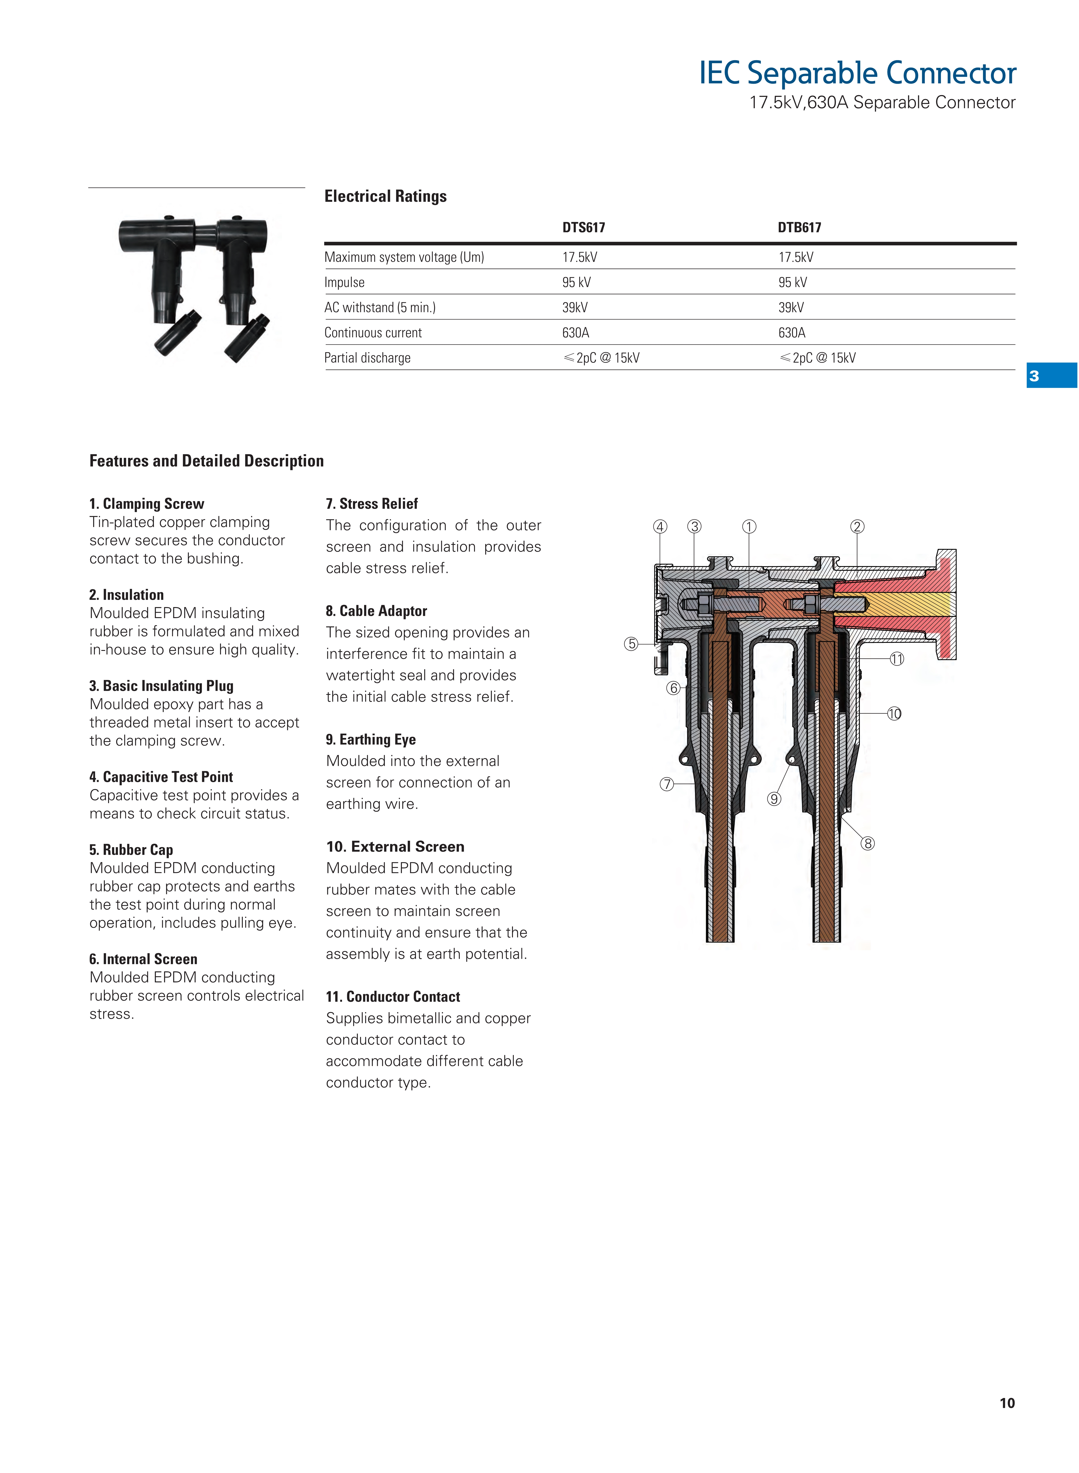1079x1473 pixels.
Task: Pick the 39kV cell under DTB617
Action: coord(791,307)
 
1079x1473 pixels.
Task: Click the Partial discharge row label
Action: coord(367,358)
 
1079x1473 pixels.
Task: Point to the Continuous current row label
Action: coord(373,333)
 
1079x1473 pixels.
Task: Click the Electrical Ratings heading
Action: coord(385,196)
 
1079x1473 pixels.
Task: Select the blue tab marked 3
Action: coord(1051,376)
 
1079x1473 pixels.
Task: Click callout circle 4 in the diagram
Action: coord(660,527)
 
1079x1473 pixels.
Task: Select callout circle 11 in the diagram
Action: coord(897,659)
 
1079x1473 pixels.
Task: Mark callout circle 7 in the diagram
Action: coord(666,784)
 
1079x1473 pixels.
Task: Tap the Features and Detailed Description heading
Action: coord(206,461)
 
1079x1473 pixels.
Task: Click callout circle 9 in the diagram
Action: coord(774,799)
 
